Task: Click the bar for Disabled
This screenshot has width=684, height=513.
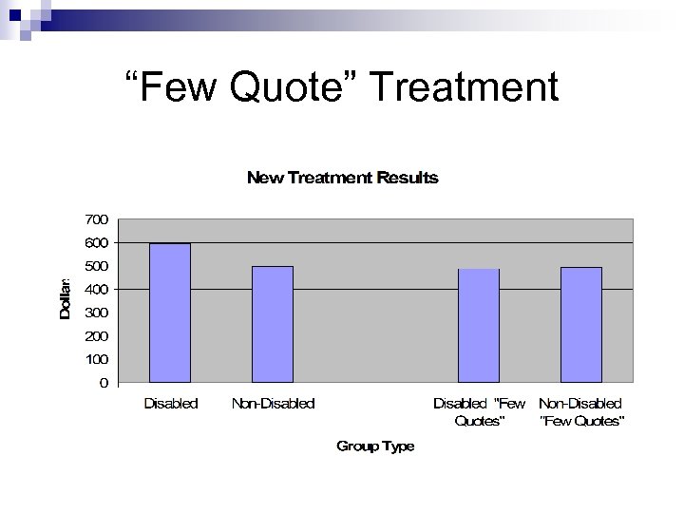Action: pos(170,313)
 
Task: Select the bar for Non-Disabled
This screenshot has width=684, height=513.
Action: pos(273,324)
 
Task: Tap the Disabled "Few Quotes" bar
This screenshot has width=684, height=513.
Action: pos(479,326)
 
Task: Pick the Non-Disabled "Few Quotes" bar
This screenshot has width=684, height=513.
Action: pos(581,325)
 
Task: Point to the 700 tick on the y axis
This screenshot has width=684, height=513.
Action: pos(96,219)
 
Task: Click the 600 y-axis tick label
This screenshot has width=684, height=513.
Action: pos(96,243)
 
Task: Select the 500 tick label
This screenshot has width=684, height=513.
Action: pos(96,266)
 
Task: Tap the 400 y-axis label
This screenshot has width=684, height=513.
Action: pos(96,289)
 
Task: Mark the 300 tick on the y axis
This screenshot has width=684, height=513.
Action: pos(96,313)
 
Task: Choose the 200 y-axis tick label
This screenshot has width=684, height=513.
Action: pos(96,336)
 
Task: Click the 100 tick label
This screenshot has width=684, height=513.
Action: pos(96,359)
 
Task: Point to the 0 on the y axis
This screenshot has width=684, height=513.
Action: pos(104,383)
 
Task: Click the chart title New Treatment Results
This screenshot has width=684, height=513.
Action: pos(343,178)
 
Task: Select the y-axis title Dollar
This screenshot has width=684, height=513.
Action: pos(65,298)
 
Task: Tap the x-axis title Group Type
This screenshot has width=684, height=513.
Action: pos(375,446)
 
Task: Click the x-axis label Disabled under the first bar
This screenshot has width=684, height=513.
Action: pos(171,404)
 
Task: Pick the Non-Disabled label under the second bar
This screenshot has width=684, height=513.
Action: pos(274,404)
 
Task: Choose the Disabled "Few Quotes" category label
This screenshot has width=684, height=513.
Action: pos(480,412)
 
